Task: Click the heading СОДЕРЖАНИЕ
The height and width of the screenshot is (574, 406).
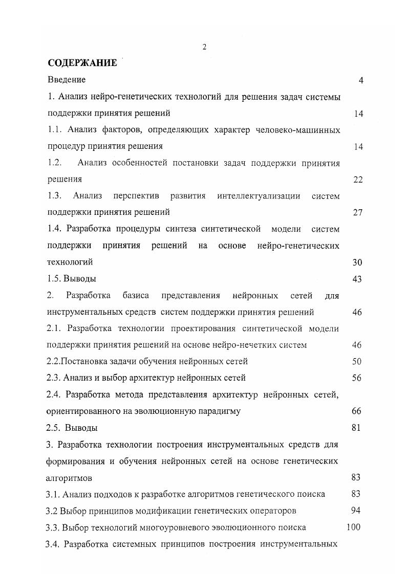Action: [82, 63]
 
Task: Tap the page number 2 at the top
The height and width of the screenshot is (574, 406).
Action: [204, 47]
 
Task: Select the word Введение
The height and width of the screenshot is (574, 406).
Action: [67, 80]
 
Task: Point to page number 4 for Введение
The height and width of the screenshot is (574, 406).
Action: [361, 80]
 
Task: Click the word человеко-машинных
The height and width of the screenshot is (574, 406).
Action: [300, 129]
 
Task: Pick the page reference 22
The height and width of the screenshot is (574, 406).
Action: [358, 179]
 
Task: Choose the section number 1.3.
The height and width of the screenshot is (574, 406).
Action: [55, 195]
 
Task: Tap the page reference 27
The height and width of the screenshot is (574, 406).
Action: [358, 212]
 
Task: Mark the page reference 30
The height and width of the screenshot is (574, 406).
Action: [357, 262]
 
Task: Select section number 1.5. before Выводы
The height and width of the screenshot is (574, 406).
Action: [54, 279]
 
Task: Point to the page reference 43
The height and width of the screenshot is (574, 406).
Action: [357, 279]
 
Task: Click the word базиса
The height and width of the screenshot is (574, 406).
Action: [136, 295]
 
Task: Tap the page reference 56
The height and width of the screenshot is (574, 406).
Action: [357, 378]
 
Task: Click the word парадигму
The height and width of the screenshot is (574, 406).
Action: [217, 411]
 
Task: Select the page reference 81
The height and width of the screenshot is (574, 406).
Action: [357, 427]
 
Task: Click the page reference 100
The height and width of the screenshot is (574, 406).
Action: [353, 526]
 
